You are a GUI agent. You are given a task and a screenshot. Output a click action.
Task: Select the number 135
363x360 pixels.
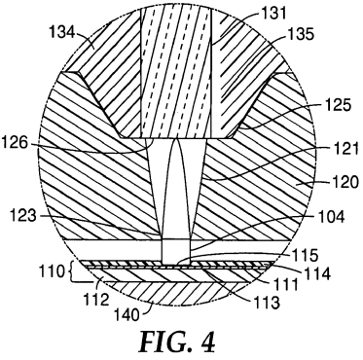tap(299, 34)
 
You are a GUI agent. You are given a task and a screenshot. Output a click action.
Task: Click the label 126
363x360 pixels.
tap(17, 142)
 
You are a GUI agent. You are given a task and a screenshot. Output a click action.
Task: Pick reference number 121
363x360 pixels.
tap(343, 147)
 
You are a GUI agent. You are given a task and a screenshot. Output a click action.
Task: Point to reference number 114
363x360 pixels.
tap(316, 273)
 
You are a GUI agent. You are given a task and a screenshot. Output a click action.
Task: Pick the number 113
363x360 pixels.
tap(265, 304)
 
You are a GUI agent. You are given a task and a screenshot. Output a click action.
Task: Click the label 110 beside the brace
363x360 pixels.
tap(53, 270)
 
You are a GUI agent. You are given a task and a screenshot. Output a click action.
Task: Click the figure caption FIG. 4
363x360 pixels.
tap(178, 342)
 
